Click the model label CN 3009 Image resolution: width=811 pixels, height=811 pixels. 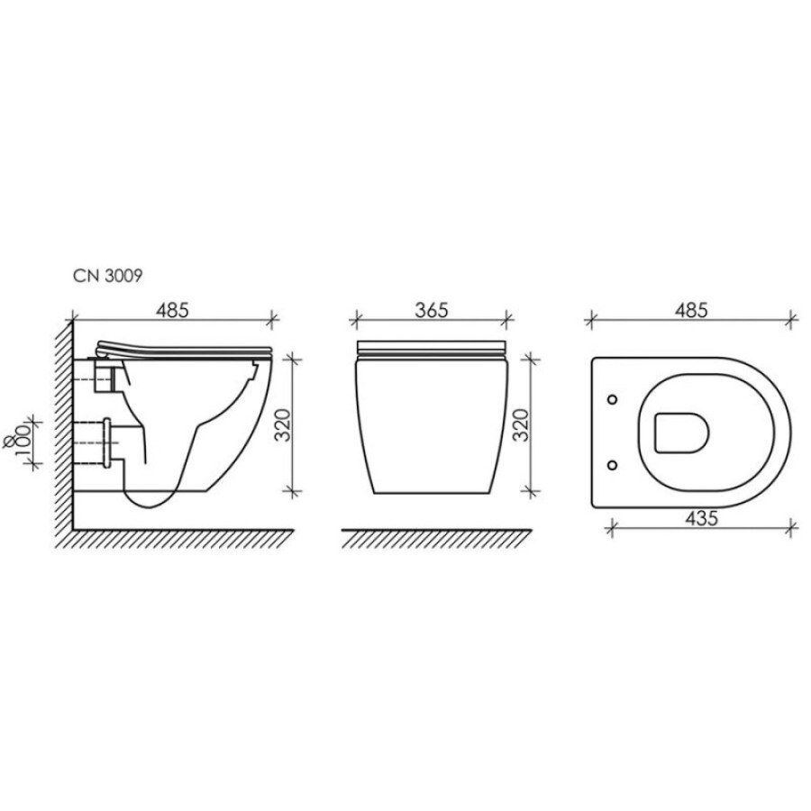click(x=107, y=277)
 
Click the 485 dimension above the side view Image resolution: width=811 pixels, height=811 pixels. click(x=173, y=310)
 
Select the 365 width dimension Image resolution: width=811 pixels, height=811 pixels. click(x=432, y=310)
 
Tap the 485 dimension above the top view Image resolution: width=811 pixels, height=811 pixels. click(x=691, y=310)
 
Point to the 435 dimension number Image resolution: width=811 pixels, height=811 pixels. click(x=701, y=518)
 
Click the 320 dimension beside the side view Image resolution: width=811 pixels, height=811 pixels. click(x=282, y=424)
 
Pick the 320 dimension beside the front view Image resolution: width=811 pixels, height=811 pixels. click(x=522, y=424)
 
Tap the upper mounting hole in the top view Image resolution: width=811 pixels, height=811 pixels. click(x=613, y=399)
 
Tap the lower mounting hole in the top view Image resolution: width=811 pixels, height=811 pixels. click(x=613, y=466)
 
